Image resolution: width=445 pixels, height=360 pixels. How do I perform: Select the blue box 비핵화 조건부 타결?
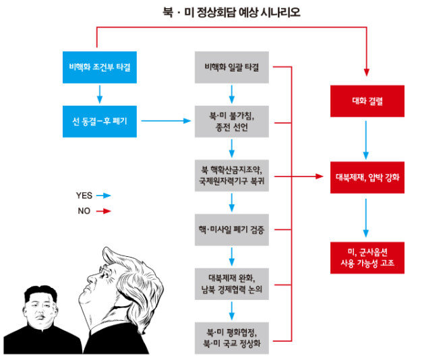pos(99,67)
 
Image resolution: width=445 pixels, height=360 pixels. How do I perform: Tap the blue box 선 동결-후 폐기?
pos(99,121)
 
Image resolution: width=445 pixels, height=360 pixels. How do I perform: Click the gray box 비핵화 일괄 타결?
pos(232,67)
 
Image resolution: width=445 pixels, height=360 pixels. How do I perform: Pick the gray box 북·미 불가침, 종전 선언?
pos(232,121)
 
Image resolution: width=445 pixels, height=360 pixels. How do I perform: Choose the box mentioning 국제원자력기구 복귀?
pos(232,176)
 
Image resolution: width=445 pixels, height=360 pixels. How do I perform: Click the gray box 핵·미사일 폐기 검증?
pos(232,230)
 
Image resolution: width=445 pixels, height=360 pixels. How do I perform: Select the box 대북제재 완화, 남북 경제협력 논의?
pos(232,284)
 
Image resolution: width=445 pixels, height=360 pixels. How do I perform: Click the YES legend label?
pos(84,196)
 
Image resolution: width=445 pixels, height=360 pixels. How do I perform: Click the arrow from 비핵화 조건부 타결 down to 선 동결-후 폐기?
pos(99,94)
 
